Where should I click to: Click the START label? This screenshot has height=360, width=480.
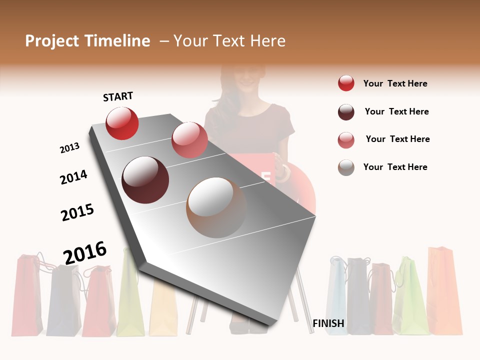[118, 96]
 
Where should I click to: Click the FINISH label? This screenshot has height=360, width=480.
[328, 323]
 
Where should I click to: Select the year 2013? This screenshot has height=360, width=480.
[69, 148]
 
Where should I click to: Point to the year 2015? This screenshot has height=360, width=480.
[77, 212]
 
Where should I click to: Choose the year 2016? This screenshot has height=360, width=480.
[85, 252]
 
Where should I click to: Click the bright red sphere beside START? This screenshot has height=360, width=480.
[122, 123]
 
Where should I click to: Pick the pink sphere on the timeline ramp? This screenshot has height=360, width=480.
[189, 139]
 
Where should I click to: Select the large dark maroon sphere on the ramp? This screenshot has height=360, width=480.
[145, 180]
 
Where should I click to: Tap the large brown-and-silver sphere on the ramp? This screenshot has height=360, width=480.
[216, 207]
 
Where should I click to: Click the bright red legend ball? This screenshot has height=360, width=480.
[346, 83]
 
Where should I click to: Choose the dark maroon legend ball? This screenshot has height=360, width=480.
[346, 112]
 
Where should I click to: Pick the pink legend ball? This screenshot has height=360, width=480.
[346, 140]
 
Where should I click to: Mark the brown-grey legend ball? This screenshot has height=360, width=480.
[346, 167]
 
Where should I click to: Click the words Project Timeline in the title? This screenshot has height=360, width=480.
[87, 41]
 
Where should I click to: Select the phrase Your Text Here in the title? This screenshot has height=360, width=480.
[229, 41]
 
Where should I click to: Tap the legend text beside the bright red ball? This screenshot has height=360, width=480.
[395, 83]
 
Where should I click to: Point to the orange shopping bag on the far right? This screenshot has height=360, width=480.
[444, 290]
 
